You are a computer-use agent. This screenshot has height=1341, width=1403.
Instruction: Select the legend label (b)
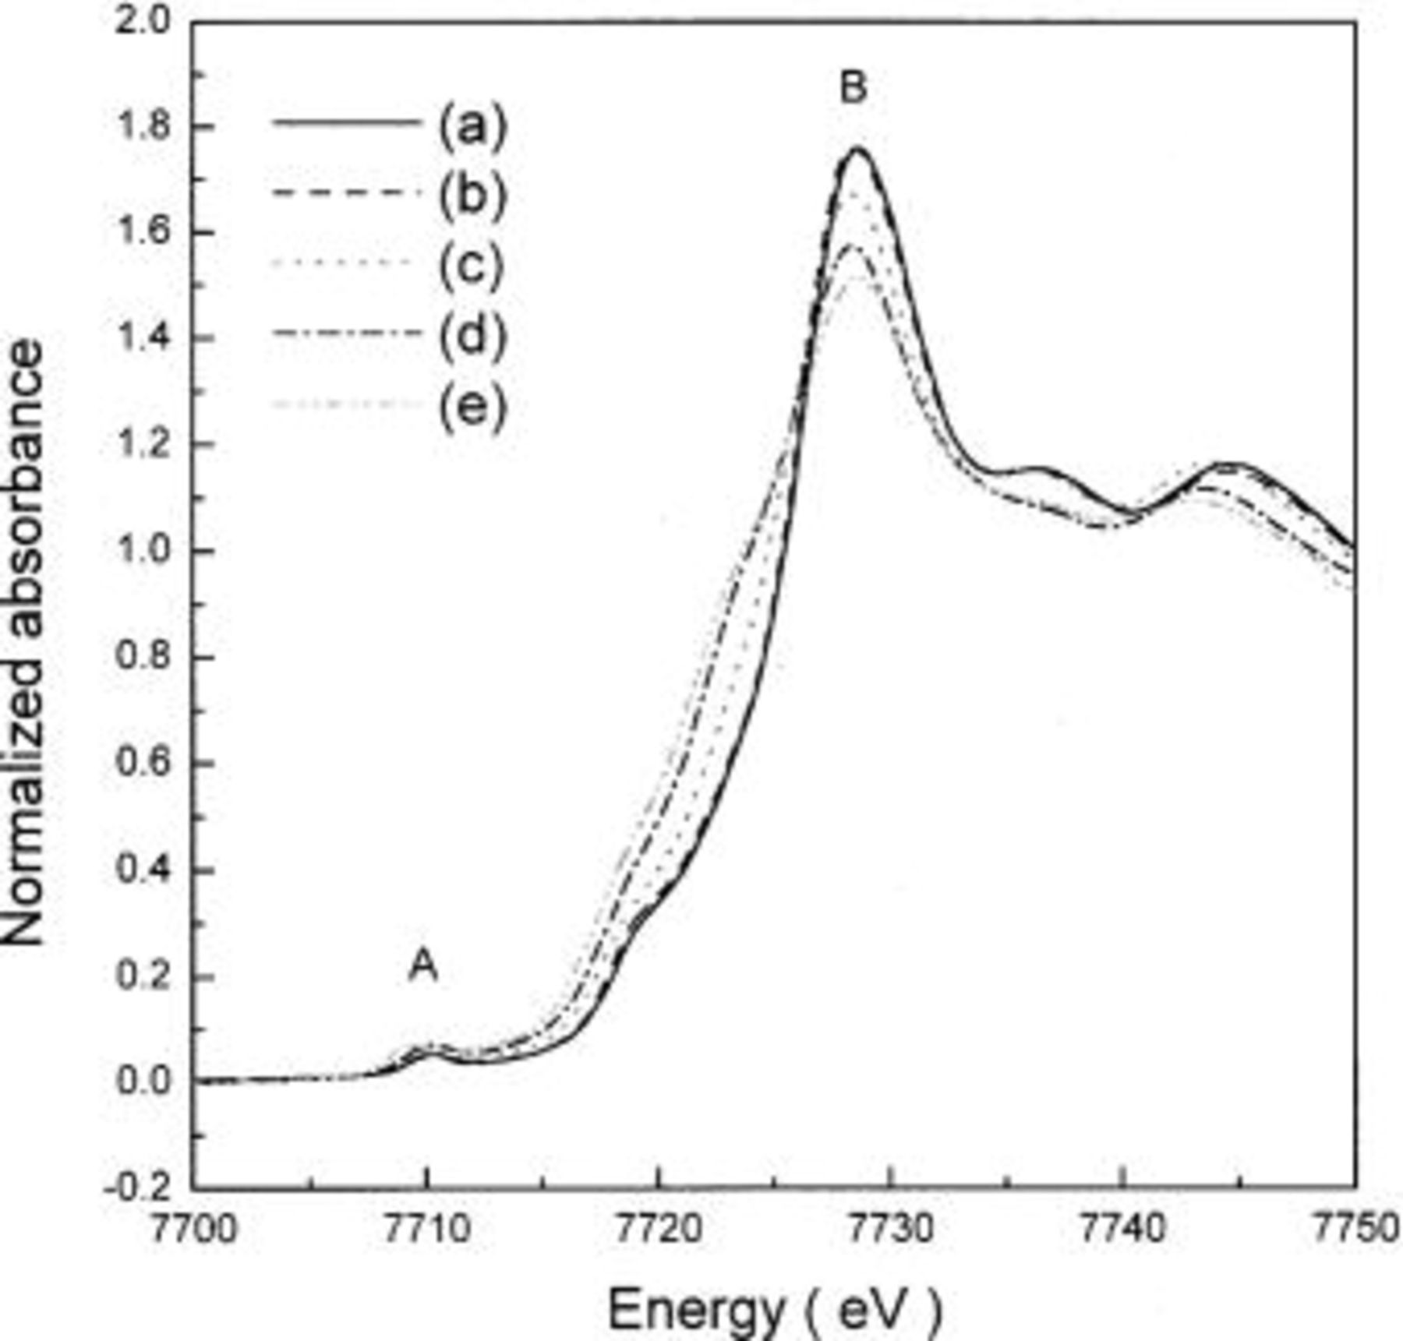coord(472,195)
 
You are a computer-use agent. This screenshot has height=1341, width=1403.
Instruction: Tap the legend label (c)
coord(472,265)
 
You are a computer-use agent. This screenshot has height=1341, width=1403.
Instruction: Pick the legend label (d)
coord(472,335)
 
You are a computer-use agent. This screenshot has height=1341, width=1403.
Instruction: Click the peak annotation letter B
coord(853,87)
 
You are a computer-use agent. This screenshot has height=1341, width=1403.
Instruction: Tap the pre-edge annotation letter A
coord(423,966)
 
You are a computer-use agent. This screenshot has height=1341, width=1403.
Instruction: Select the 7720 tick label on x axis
coord(659,1230)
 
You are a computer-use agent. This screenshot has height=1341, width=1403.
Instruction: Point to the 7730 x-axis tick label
coord(890,1230)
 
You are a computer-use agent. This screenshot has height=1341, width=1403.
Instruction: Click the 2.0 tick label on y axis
coord(142,22)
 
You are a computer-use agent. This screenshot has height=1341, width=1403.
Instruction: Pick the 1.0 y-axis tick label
coord(142,551)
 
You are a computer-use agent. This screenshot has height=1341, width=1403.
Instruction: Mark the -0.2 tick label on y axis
coord(136,1187)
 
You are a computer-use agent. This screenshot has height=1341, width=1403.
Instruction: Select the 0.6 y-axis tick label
coord(142,764)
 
